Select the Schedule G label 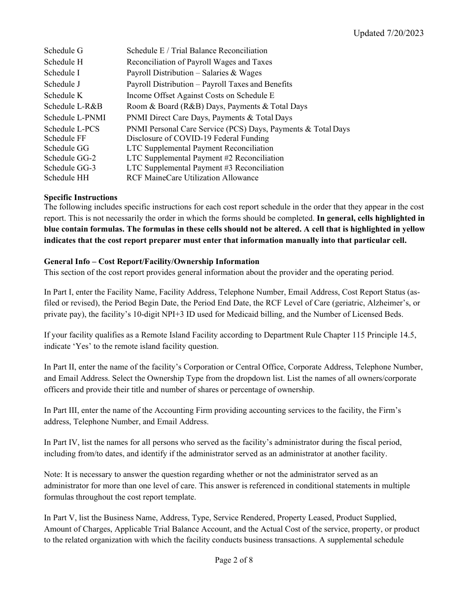[x=63, y=51]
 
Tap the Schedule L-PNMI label [x=74, y=118]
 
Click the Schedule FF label [x=65, y=138]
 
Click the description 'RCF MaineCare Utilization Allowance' [x=192, y=178]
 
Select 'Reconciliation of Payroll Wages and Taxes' [x=199, y=62]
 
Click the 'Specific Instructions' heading [x=80, y=198]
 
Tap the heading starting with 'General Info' [x=151, y=262]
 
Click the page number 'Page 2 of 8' [x=234, y=560]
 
